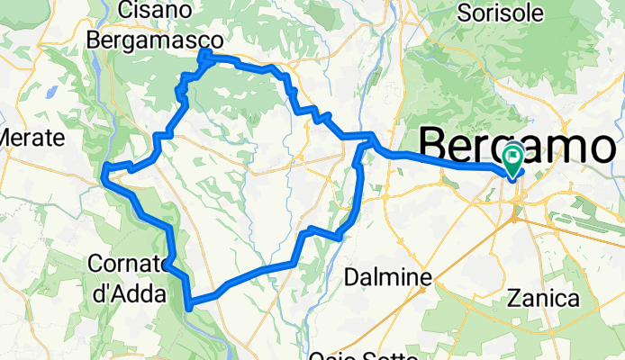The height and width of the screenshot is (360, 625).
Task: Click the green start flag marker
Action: coord(513,160)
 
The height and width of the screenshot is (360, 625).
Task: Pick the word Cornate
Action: coord(126,265)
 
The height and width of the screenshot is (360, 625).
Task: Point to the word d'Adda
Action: coord(127,292)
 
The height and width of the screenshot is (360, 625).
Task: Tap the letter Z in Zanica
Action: coord(513,298)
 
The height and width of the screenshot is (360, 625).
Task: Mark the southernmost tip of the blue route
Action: coord(188,308)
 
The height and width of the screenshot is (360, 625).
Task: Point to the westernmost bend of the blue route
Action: coord(105,169)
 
